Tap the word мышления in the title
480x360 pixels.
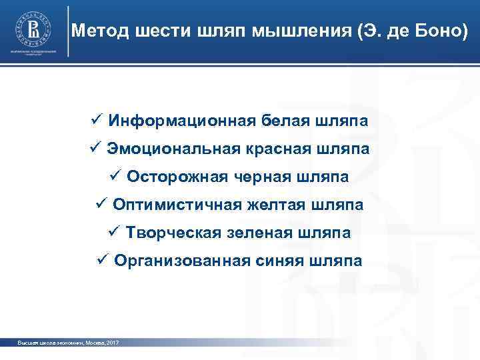coord(293,31)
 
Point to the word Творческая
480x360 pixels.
coord(169,233)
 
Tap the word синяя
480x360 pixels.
coord(280,261)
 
